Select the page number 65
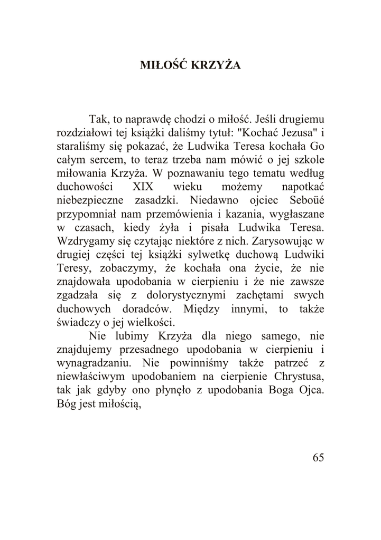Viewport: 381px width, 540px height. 318,458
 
